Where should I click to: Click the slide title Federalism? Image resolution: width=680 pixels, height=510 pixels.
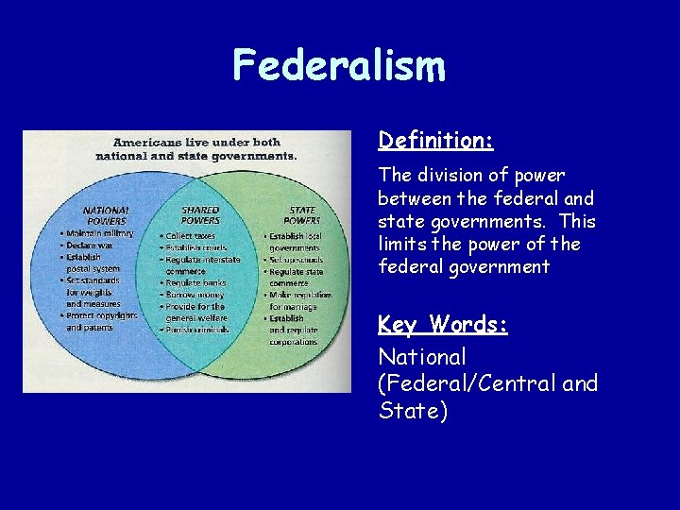click(x=339, y=66)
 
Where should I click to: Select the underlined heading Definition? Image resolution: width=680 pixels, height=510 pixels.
click(x=435, y=141)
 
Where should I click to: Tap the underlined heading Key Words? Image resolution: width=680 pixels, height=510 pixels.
click(x=443, y=325)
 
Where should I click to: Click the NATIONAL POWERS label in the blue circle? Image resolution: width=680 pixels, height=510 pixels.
click(x=106, y=215)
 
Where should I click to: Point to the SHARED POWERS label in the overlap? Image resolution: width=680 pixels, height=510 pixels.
click(x=199, y=215)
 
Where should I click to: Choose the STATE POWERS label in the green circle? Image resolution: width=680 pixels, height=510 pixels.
click(x=301, y=215)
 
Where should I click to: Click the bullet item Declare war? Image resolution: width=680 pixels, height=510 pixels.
click(x=91, y=245)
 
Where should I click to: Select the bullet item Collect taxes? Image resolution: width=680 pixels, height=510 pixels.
click(x=190, y=235)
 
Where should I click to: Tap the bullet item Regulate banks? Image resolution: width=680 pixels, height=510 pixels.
click(x=195, y=282)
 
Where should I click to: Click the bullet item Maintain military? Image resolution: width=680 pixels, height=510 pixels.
click(x=99, y=233)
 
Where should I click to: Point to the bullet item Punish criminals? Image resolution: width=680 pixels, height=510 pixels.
click(x=197, y=331)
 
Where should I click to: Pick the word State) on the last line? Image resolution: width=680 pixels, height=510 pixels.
click(x=412, y=412)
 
